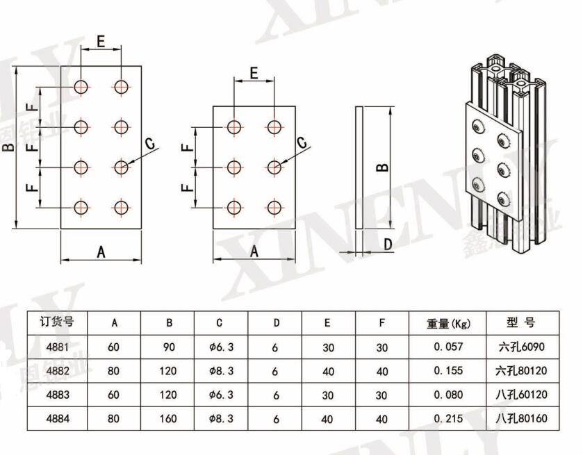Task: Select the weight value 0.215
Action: pos(448,419)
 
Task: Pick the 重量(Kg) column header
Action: pos(448,323)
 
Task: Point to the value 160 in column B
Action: pos(168,419)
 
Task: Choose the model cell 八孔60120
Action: pos(523,395)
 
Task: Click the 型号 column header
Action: pos(522,322)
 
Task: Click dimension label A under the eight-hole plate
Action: pos(101,252)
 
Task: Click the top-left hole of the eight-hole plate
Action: pos(81,87)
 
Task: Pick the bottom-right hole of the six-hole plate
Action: pos(275,207)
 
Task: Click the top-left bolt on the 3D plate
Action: pos(477,126)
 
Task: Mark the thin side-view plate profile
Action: pos(359,167)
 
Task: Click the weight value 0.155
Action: pos(448,371)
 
